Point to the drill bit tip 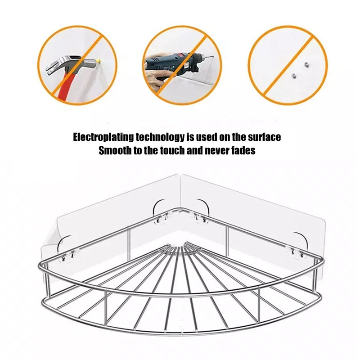213,58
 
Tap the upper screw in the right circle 306,65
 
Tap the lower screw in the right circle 293,75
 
